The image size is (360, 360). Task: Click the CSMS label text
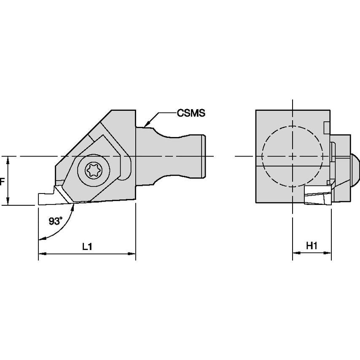[x=191, y=113]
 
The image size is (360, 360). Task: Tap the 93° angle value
[x=54, y=221]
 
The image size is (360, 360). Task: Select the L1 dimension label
[x=87, y=247]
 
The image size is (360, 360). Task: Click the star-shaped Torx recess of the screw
[x=92, y=171]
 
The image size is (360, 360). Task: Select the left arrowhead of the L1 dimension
[x=41, y=254]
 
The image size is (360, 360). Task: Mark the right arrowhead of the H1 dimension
[x=328, y=254]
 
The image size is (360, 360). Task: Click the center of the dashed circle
[x=293, y=156]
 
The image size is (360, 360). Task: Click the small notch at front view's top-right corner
[x=325, y=127]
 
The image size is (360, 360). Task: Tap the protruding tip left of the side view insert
[x=44, y=199]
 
